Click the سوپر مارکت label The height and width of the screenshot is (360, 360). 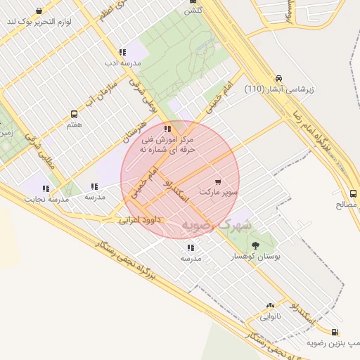[219, 191]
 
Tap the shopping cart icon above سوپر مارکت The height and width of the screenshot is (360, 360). [218, 181]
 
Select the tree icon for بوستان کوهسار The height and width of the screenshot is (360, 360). [255, 245]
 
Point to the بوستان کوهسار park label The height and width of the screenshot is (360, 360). [257, 257]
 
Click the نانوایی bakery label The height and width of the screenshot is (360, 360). [271, 316]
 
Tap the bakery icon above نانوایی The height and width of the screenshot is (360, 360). [271, 306]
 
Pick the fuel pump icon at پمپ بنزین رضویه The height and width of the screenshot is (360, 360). [334, 332]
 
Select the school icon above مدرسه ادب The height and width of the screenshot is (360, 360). [122, 52]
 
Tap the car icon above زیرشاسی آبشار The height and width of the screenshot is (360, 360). [279, 78]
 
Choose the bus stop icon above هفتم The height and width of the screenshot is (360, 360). [74, 114]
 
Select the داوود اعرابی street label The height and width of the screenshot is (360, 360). [139, 220]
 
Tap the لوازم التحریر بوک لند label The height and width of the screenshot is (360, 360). [49, 21]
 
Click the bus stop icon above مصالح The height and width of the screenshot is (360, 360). [352, 193]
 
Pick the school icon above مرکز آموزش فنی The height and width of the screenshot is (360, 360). [167, 129]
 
